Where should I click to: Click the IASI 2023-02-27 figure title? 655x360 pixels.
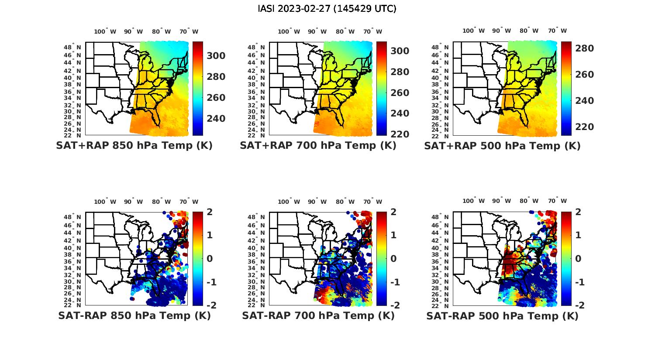[327, 9]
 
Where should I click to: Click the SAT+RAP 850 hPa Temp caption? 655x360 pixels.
[134, 145]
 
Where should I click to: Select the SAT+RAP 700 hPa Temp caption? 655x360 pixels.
[318, 145]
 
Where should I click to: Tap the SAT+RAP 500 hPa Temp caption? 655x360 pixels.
[502, 146]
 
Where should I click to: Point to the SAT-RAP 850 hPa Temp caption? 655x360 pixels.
[134, 315]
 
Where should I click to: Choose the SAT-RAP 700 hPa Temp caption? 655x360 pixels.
[318, 315]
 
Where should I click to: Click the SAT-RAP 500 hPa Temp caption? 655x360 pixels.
[502, 316]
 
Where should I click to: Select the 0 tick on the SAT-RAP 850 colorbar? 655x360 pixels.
[209, 258]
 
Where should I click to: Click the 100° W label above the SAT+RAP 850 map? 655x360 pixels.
[105, 31]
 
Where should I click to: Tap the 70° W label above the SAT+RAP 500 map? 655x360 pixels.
[557, 31]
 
